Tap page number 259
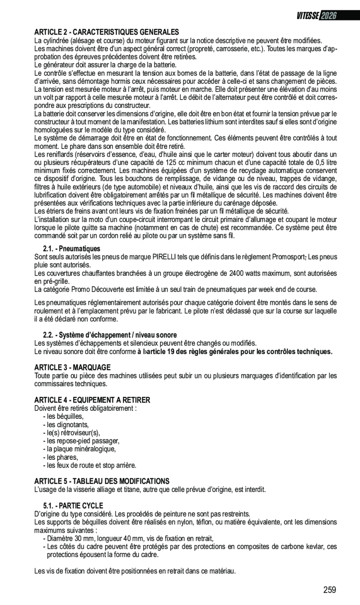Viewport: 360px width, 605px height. tap(330, 590)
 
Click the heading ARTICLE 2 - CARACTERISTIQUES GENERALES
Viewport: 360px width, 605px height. tap(107, 32)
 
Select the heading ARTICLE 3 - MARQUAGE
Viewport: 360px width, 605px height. tap(73, 368)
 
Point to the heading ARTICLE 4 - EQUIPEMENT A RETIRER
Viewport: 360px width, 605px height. tap(92, 400)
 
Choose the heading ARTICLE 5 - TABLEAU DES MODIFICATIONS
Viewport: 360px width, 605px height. tap(102, 481)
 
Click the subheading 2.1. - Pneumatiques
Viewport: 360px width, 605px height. tap(72, 249)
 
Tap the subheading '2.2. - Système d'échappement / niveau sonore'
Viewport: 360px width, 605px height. tap(110, 335)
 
